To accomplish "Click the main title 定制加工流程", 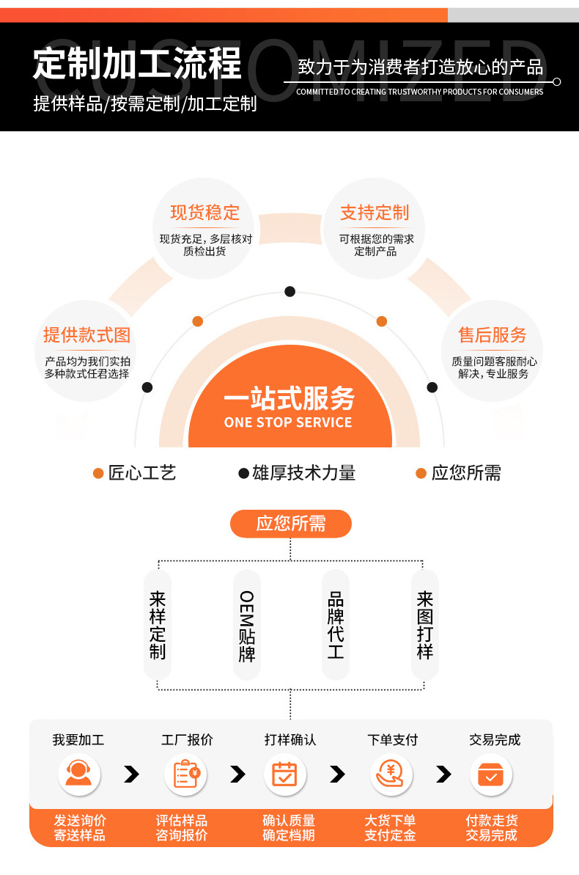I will pos(137,65).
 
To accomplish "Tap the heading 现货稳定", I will pos(204,213).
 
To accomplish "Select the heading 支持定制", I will pos(375,213).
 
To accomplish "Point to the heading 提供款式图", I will pos(86,335).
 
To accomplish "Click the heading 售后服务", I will pos(493,335).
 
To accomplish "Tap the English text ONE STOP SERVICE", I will pos(288,422).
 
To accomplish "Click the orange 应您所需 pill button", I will pos(291,524).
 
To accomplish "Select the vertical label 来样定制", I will pos(158,625).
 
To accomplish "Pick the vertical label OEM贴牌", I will pos(247,626).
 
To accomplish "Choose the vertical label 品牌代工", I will pos(336,625).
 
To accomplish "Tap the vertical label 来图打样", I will pos(425,625).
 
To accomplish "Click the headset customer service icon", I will pos(78,774).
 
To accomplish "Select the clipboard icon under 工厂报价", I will pos(185,774).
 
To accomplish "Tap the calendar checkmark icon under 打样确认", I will pos(284,774).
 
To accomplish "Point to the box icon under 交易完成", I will pos(490,774).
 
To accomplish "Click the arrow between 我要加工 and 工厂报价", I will pos(131,774).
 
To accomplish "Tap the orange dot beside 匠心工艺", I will pos(98,474).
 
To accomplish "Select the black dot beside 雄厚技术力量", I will pos(243,474).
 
